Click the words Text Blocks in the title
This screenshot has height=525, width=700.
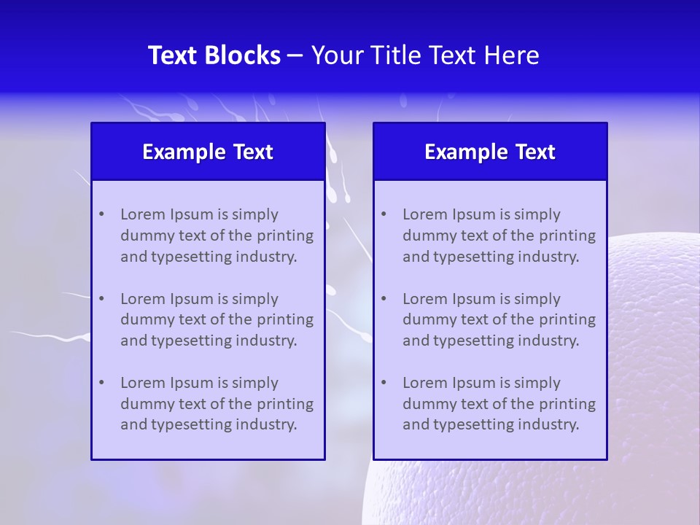[x=214, y=55]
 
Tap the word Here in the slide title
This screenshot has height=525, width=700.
[x=512, y=55]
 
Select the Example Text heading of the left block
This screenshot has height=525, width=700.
[x=208, y=152]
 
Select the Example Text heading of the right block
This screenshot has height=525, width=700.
[x=490, y=152]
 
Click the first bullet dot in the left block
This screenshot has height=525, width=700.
[x=101, y=214]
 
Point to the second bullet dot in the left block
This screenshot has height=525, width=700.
[x=101, y=299]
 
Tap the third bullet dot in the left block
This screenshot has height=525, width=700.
[x=101, y=383]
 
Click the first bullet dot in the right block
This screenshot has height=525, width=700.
[x=384, y=214]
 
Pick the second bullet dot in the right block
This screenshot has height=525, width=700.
[x=384, y=299]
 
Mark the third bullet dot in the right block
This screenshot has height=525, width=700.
[x=384, y=383]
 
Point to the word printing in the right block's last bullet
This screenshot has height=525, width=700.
[x=569, y=404]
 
